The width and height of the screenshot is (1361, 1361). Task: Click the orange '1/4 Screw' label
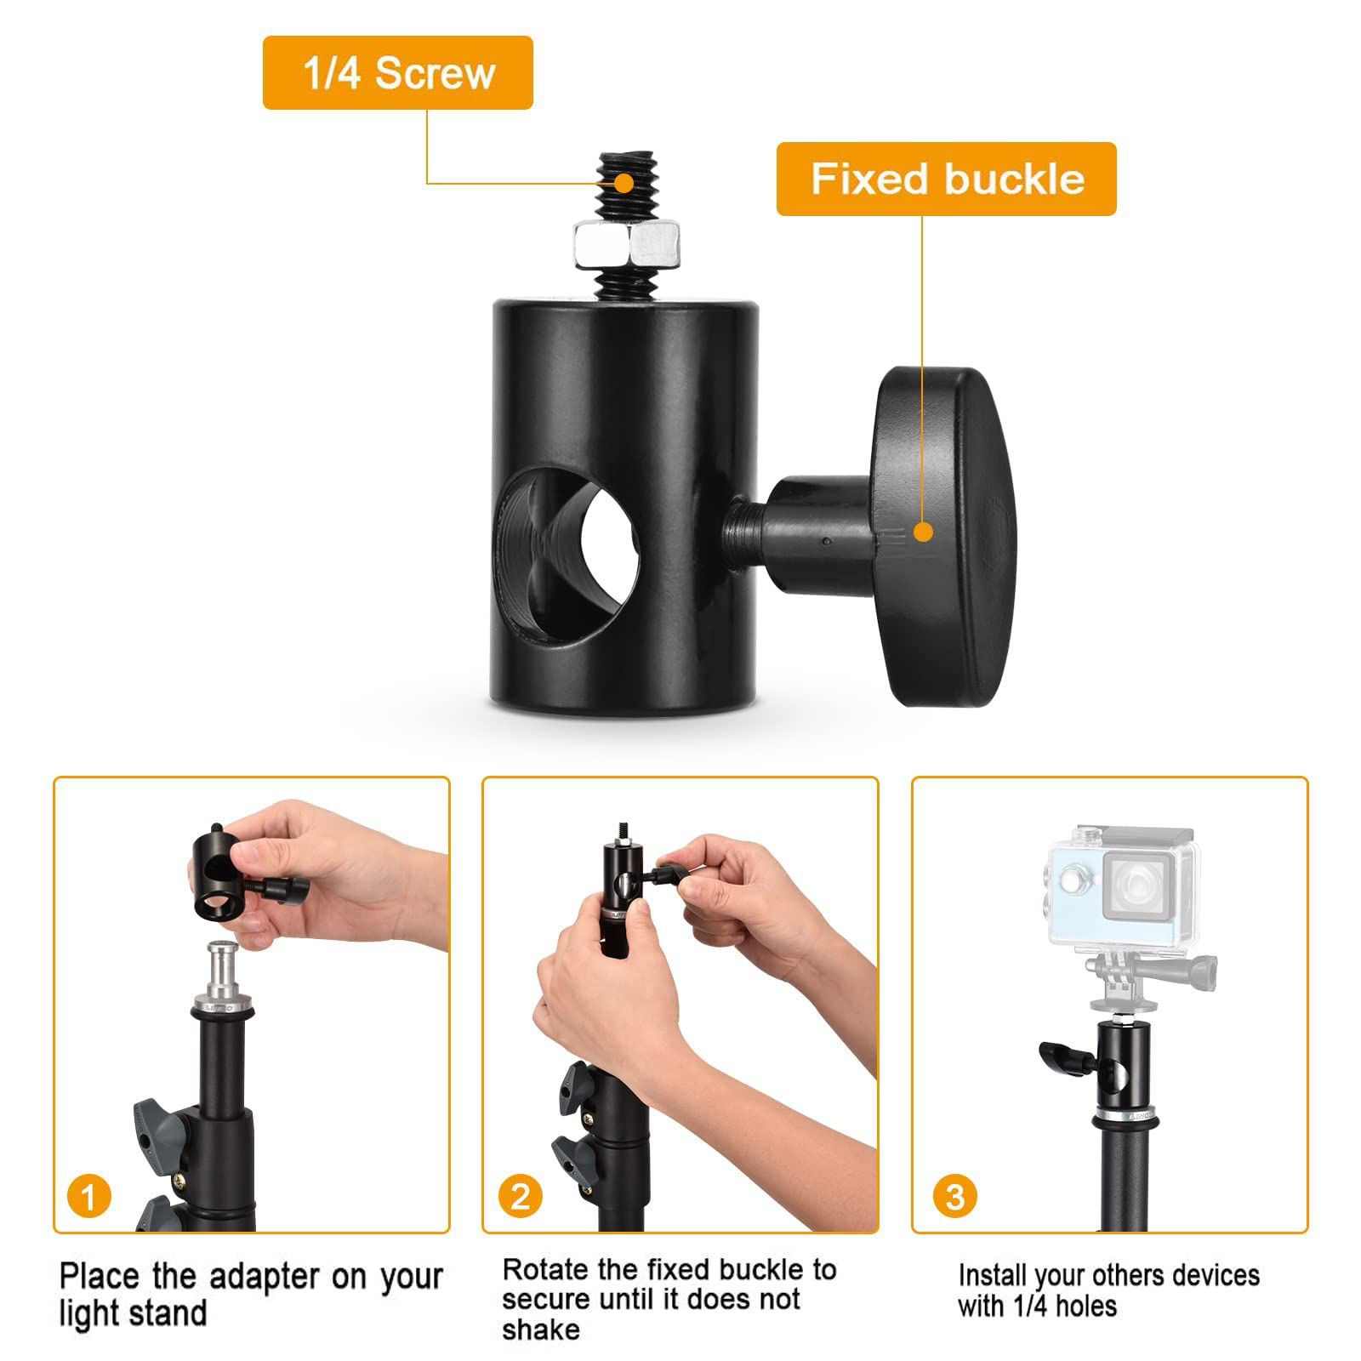(x=397, y=72)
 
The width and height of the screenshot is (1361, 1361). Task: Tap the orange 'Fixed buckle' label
(x=946, y=179)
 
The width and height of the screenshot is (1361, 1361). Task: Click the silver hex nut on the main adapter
(x=629, y=243)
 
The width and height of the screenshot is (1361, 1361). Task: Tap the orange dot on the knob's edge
(x=923, y=532)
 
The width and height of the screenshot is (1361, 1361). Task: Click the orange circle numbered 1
(x=88, y=1198)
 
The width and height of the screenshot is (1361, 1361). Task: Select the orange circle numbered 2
(x=521, y=1197)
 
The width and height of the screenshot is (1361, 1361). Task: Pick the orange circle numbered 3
(x=954, y=1197)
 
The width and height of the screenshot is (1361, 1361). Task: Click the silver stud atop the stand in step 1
(x=224, y=970)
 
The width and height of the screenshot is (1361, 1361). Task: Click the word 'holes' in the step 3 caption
(x=1084, y=1306)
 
